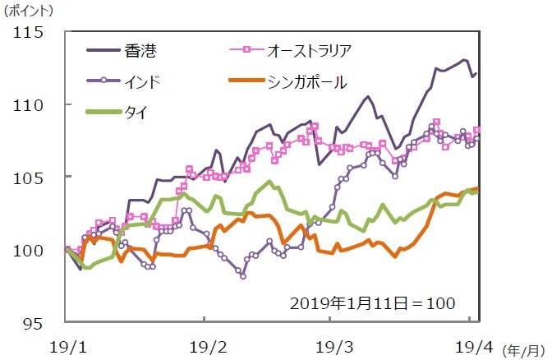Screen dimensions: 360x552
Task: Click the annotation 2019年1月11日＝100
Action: (x=372, y=302)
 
